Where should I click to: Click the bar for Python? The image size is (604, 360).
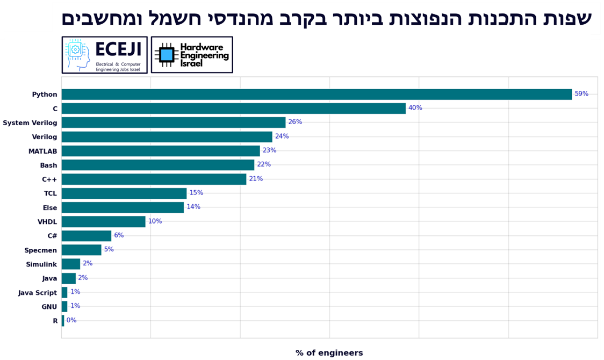tap(317, 94)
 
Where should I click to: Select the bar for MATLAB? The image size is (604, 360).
tap(161, 151)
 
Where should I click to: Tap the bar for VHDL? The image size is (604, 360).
tap(103, 221)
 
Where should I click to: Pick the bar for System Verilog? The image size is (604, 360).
tap(173, 123)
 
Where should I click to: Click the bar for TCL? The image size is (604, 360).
tap(124, 193)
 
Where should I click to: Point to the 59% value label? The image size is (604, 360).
tap(581, 94)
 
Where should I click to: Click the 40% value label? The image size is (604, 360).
tap(415, 108)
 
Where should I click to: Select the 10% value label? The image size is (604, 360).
tap(155, 221)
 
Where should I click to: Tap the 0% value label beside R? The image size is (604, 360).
tap(71, 320)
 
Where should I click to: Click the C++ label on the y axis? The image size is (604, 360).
tap(49, 179)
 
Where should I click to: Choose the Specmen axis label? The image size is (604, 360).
tap(40, 250)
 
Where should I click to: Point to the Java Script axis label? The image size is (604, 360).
tap(37, 292)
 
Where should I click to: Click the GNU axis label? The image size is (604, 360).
tap(49, 306)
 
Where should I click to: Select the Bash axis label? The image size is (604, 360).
tap(48, 165)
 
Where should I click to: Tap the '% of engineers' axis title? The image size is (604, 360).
tap(329, 353)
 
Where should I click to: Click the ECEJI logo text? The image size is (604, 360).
tap(118, 50)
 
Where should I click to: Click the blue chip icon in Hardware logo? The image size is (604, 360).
tap(167, 55)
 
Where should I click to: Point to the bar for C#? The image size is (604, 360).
tap(86, 236)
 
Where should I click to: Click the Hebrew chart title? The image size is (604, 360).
tap(326, 19)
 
